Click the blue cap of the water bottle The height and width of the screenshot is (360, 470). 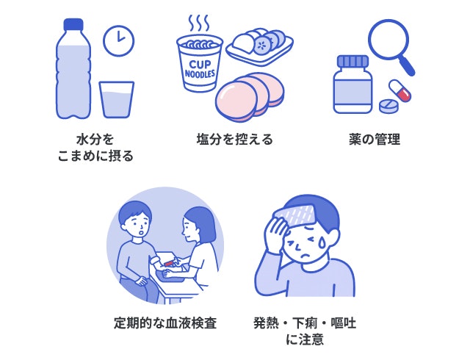73,24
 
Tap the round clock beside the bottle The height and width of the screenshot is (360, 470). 119,40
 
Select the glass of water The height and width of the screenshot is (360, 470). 117,99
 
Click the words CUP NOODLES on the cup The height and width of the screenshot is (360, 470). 200,69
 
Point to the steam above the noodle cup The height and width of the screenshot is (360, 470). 198,24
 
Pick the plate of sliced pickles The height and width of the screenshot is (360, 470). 259,46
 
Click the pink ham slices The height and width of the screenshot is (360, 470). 250,96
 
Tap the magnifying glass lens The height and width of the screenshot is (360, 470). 388,39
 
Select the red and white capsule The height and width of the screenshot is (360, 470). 399,90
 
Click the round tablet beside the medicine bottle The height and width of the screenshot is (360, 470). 388,106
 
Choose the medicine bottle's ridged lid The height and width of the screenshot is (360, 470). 352,62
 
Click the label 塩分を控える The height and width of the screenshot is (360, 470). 235,140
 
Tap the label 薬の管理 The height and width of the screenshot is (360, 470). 375,140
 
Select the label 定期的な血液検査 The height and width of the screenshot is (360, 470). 165,323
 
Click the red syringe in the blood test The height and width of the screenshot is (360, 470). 168,263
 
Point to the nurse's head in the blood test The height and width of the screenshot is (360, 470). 198,226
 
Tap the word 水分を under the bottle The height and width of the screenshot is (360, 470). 95,140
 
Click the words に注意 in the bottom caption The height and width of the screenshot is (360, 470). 305,339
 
